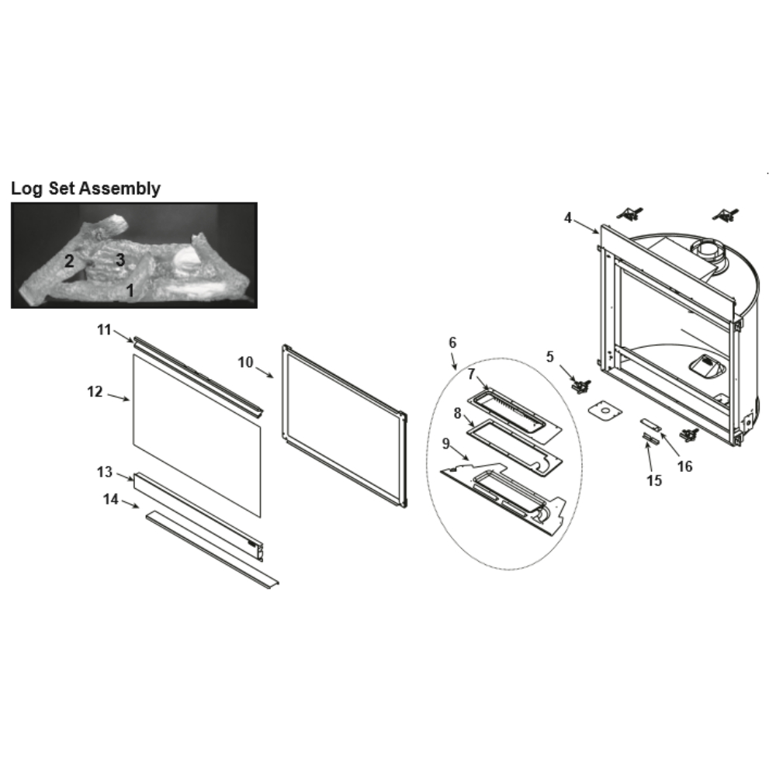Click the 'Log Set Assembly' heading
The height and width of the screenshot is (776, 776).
85,189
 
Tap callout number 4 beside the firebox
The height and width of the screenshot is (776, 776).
568,218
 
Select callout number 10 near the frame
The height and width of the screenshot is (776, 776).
245,362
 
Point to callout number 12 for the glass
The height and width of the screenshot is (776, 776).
95,391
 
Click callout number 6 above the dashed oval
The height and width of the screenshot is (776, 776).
452,342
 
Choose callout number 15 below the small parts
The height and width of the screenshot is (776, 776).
654,480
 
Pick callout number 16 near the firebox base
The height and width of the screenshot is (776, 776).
685,466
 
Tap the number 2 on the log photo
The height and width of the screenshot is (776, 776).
69,261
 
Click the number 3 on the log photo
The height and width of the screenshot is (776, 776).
120,259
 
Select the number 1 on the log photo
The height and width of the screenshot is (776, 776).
130,290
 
